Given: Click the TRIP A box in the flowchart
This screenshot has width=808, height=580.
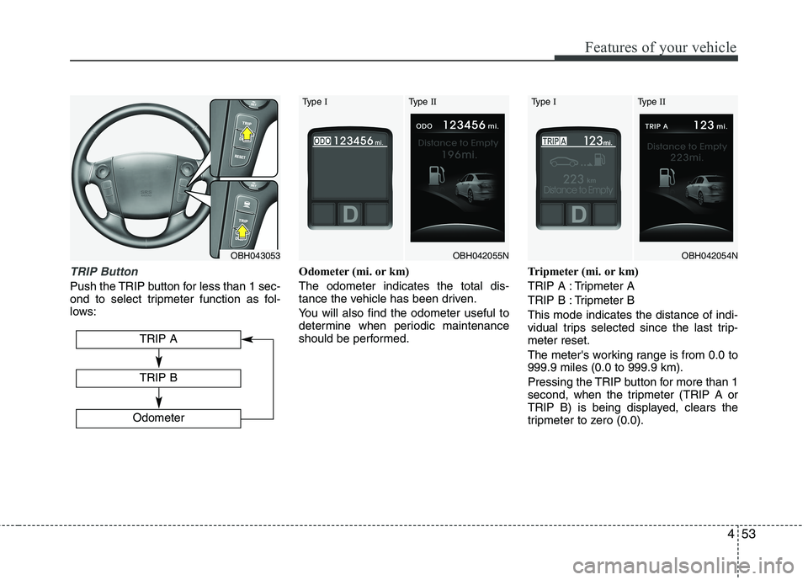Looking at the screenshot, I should tap(158, 338).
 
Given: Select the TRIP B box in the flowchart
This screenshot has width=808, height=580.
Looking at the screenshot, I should tap(158, 378).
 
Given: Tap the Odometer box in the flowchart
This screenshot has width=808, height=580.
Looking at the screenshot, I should tap(158, 418).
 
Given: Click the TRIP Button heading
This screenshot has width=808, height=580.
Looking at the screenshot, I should tap(104, 272).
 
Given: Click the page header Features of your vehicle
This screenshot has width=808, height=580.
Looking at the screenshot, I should tap(645, 47).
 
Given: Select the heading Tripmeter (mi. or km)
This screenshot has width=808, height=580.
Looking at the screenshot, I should tap(582, 272).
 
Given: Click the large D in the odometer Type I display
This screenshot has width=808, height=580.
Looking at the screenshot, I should tap(349, 216).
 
